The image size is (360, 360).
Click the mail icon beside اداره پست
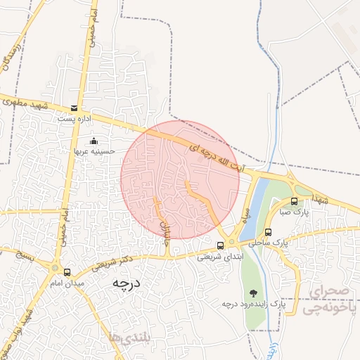tap(75, 108)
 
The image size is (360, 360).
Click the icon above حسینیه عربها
tap(95, 141)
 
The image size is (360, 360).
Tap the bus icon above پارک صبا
tap(294, 201)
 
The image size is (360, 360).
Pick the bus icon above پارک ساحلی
tap(268, 232)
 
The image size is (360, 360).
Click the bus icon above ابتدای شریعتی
tap(221, 245)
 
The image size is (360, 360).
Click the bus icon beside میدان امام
tap(67, 272)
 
